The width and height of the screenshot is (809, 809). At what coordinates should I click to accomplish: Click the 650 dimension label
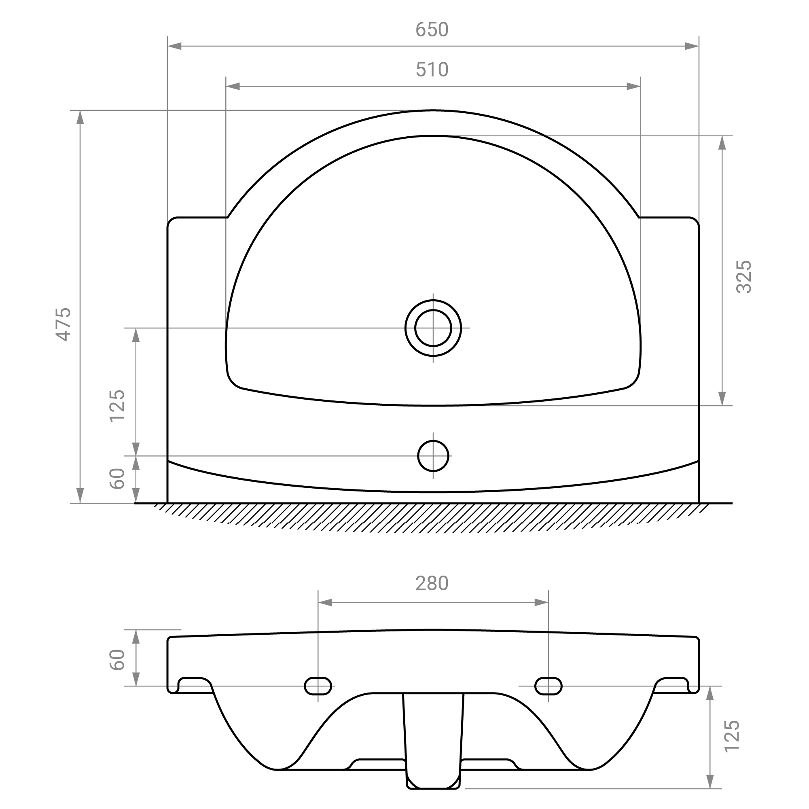point(432,30)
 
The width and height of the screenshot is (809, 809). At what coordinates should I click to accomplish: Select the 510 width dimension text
point(432,70)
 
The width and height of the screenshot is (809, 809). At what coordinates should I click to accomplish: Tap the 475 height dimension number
point(64,324)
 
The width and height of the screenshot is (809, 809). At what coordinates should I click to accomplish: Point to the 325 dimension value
point(744,277)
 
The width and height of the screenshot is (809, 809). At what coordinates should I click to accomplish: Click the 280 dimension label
point(432,583)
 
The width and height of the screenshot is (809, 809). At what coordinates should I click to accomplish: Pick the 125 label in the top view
point(117,406)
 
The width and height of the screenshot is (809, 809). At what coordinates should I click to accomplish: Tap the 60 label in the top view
point(117,479)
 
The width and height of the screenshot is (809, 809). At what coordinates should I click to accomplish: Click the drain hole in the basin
point(433,328)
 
